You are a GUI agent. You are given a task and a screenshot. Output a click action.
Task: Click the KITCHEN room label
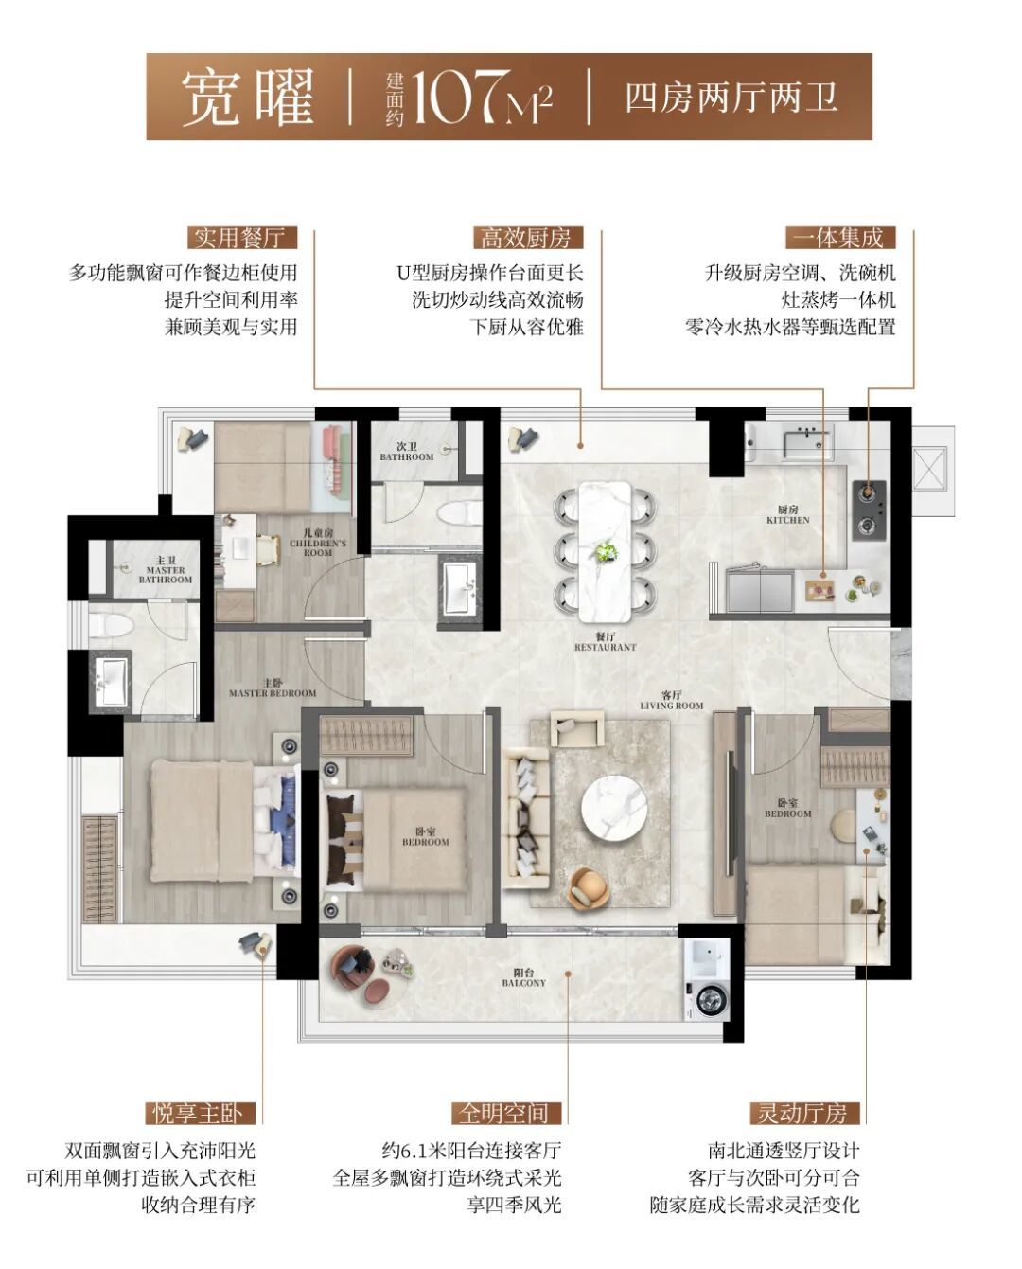(x=788, y=515)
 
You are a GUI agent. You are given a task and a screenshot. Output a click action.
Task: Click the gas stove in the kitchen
(x=869, y=510)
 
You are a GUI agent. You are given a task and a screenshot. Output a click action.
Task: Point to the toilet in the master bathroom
(x=110, y=623)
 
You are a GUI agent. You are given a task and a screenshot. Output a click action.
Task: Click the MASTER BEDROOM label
(x=273, y=688)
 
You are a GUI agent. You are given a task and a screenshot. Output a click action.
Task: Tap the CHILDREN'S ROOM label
(x=318, y=543)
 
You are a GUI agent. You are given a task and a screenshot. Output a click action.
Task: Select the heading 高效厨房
(x=527, y=239)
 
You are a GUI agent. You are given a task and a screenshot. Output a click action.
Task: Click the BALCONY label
(x=524, y=978)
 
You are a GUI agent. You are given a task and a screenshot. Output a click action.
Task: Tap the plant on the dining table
(x=606, y=552)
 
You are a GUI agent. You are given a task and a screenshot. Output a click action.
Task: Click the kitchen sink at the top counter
(x=807, y=443)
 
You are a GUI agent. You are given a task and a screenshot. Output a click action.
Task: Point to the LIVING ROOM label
(x=671, y=701)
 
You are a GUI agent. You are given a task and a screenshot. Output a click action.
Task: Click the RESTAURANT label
(x=606, y=642)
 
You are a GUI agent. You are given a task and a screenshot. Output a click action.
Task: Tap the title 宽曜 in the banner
(x=248, y=98)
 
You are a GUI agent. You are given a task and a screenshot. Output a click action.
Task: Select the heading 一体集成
(x=840, y=239)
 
